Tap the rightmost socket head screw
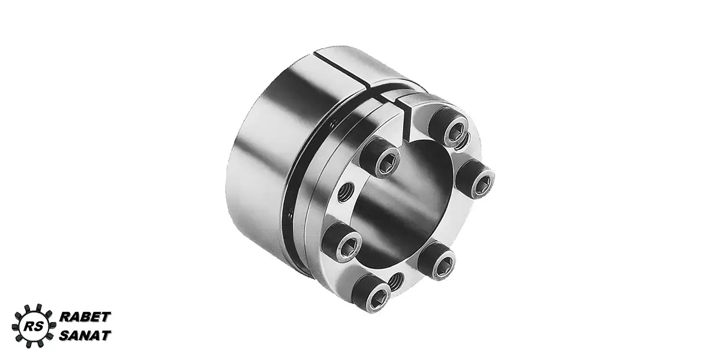[x=476, y=178]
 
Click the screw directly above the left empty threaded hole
[x=380, y=157]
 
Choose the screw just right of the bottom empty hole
[x=437, y=260]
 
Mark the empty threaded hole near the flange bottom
[x=396, y=281]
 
